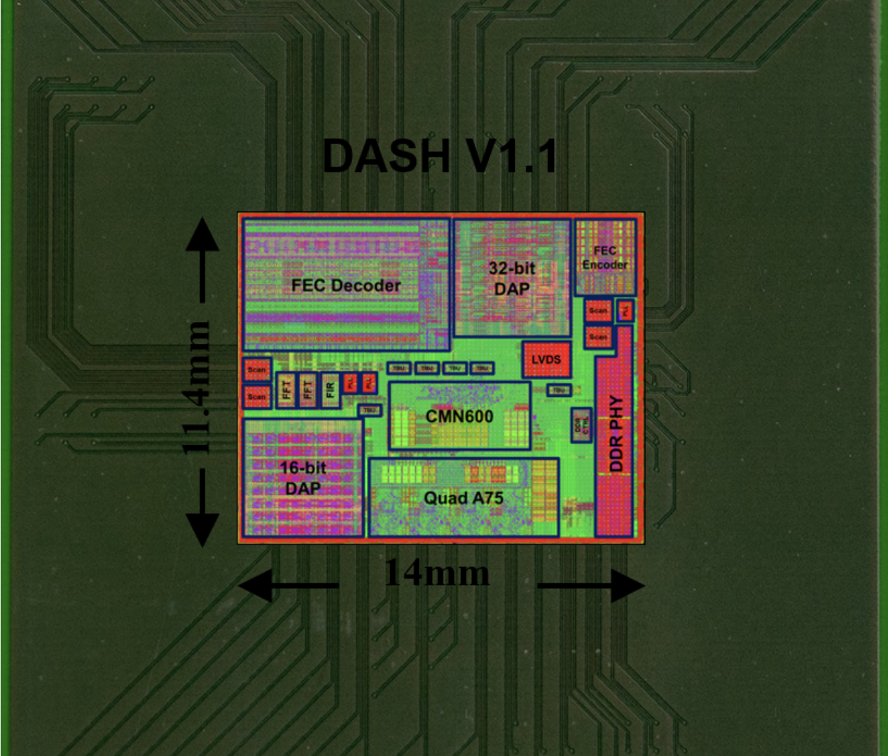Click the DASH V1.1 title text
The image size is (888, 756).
[440, 155]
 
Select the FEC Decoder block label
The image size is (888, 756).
[346, 286]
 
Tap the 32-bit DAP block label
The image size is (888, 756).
[512, 278]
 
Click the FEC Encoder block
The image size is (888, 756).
[605, 258]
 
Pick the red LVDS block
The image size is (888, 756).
[546, 360]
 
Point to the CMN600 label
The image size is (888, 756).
[459, 416]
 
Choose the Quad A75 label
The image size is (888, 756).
[464, 498]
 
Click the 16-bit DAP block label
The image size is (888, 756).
[303, 477]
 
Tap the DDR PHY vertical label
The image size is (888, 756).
[616, 433]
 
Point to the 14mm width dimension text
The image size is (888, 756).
[437, 573]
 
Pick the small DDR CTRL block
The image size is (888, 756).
[581, 424]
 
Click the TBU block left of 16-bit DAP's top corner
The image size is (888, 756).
[370, 410]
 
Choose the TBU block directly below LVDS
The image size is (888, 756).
[558, 390]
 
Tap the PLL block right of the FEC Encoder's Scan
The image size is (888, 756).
[625, 311]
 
